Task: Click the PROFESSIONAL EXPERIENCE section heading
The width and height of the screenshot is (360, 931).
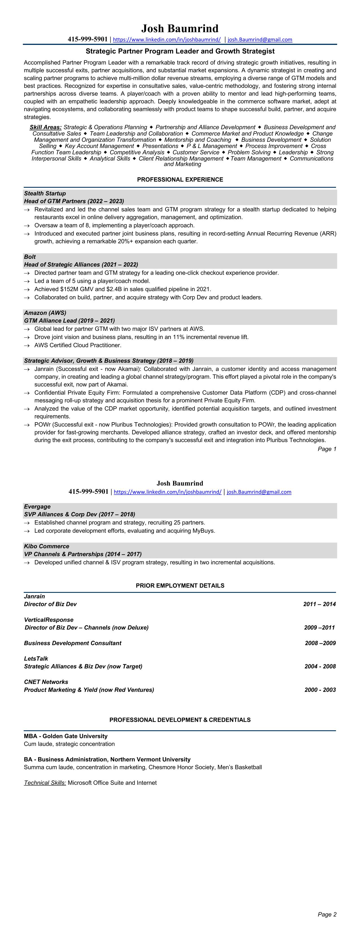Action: [x=180, y=180]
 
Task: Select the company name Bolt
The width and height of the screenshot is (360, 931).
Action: [x=30, y=257]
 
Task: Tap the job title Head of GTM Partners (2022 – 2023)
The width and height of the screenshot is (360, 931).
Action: [x=74, y=201]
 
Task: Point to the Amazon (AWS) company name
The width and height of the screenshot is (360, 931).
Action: [x=45, y=312]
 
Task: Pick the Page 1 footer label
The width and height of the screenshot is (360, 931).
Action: [x=327, y=449]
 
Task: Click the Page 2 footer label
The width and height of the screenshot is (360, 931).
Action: [x=327, y=914]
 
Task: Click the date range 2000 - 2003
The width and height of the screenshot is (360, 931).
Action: [x=320, y=690]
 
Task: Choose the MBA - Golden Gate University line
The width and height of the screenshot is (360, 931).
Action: [x=66, y=736]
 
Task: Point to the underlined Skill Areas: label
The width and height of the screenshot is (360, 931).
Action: [x=45, y=127]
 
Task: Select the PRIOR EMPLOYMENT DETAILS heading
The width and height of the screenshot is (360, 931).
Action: [x=180, y=585]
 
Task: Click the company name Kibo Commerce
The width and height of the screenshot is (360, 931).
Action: [x=46, y=546]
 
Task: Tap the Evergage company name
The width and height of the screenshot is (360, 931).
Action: [x=37, y=506]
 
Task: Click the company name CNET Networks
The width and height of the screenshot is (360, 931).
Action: [x=46, y=682]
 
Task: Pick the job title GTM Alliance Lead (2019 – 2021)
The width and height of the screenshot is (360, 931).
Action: [x=69, y=321]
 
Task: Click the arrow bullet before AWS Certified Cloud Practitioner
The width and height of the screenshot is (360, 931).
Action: [x=27, y=346]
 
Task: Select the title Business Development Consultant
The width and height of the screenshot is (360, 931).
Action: [x=73, y=643]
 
